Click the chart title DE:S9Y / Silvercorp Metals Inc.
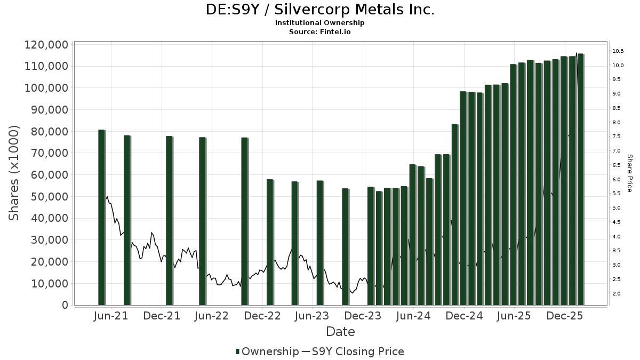coord(320,10)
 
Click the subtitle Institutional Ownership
coord(320,23)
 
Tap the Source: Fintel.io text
coord(320,32)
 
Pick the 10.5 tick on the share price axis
coord(618,51)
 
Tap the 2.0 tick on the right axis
coord(617,294)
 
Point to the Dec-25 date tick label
coord(565,316)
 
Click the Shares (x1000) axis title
coord(14,173)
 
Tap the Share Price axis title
coord(629,173)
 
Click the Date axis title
coord(340,332)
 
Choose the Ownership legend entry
coord(267,351)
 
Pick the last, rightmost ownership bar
coord(580,179)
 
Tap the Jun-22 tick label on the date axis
coord(212,316)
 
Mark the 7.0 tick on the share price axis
coord(617,151)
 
